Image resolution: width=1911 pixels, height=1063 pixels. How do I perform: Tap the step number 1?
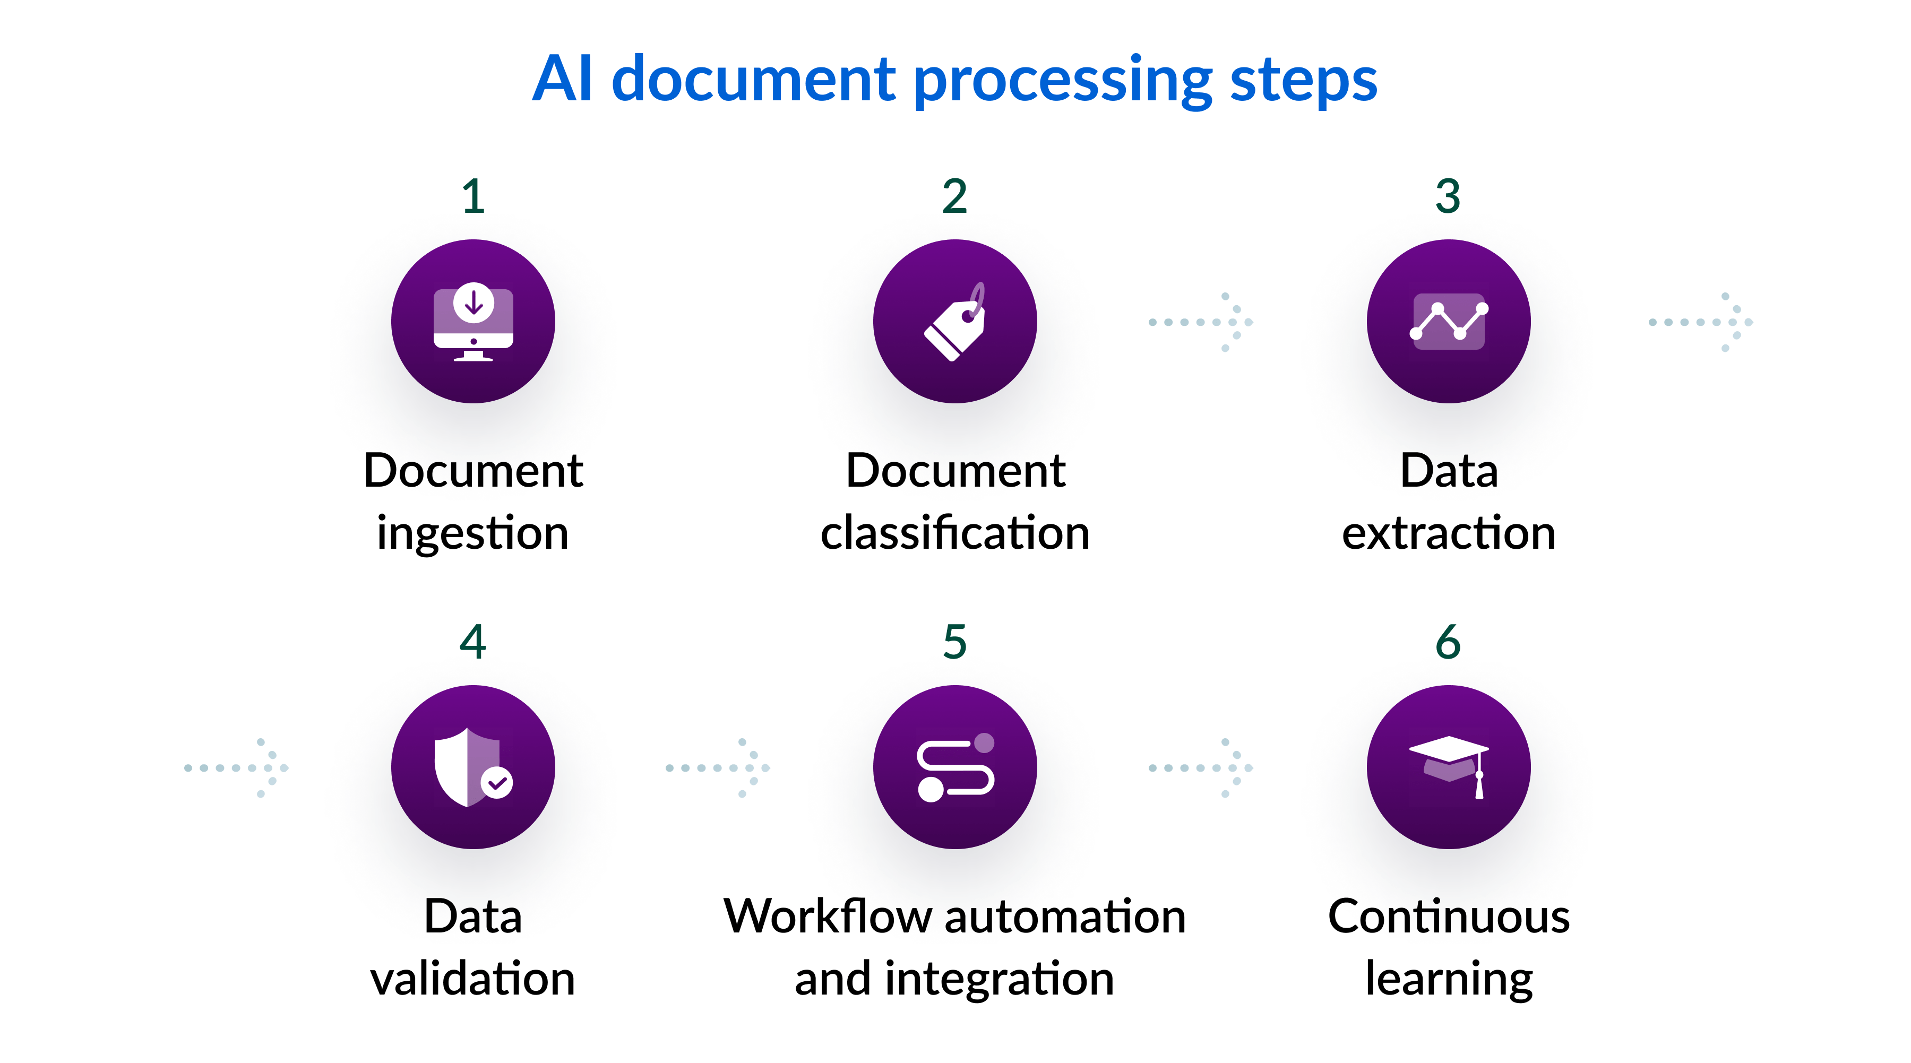pyautogui.click(x=474, y=196)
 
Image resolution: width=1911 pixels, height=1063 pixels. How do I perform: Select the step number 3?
pyautogui.click(x=1448, y=196)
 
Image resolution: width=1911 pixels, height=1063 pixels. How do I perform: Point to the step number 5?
pyautogui.click(x=955, y=642)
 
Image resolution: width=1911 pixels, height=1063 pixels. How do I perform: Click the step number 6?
pyautogui.click(x=1448, y=642)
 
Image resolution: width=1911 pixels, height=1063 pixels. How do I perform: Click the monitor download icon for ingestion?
pyautogui.click(x=474, y=321)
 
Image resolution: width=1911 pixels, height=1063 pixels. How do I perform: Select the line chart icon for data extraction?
pyautogui.click(x=1448, y=321)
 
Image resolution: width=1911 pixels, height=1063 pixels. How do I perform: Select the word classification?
pyautogui.click(x=955, y=533)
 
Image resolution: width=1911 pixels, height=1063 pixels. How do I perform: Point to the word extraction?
pyautogui.click(x=1448, y=533)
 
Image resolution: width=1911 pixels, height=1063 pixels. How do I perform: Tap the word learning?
pyautogui.click(x=1448, y=979)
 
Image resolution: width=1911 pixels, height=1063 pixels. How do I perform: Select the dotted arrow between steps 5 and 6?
pyautogui.click(x=1200, y=768)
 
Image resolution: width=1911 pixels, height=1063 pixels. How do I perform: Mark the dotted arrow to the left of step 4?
pyautogui.click(x=236, y=768)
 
